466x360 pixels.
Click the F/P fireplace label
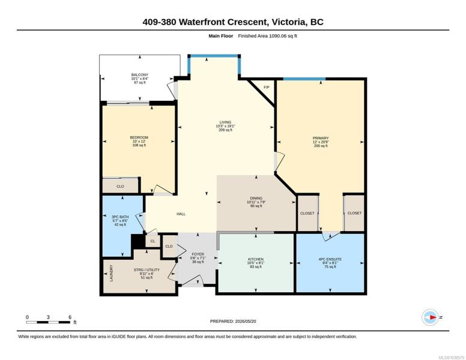[x=266, y=88]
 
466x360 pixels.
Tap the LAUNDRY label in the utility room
[x=112, y=273]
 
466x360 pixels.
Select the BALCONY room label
[x=140, y=75]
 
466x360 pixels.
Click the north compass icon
[x=430, y=317]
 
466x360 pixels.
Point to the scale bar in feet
[x=49, y=322]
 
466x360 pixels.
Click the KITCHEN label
[x=256, y=259]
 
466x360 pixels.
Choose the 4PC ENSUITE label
[x=330, y=259]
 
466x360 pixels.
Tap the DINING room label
[x=256, y=198]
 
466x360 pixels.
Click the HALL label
[x=181, y=214]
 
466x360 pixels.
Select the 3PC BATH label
[x=120, y=217]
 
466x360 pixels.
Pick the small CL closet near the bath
[x=153, y=241]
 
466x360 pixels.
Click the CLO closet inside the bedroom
[x=120, y=186]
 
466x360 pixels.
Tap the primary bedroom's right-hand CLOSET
[x=354, y=213]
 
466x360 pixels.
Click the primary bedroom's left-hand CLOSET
[x=307, y=213]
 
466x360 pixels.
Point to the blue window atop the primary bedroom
[x=304, y=79]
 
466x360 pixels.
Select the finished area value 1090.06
[x=278, y=36]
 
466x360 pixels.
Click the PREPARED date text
[x=233, y=321]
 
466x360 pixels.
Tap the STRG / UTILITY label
[x=147, y=270]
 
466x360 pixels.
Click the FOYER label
[x=198, y=254]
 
